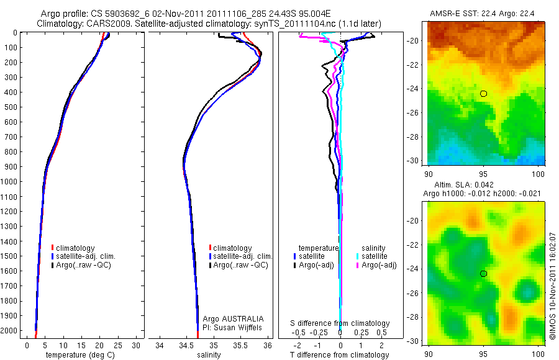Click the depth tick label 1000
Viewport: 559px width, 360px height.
point(10,182)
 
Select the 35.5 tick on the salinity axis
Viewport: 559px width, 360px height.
point(240,345)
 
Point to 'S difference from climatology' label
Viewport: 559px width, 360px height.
point(340,323)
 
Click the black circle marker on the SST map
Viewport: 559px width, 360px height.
point(483,94)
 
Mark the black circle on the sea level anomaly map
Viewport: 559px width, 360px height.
point(483,274)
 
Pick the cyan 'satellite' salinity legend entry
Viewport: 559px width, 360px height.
point(375,256)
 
